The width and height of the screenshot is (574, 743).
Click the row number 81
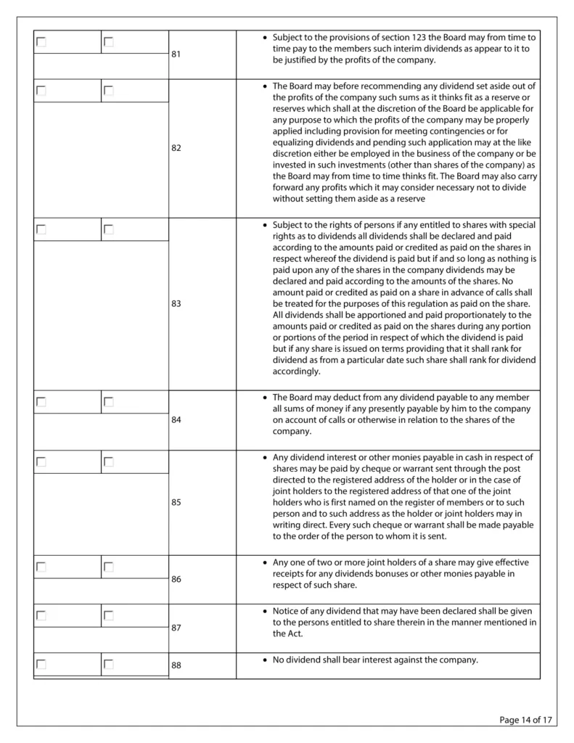point(176,54)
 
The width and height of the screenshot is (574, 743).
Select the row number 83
point(176,303)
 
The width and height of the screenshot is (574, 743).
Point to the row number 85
point(176,502)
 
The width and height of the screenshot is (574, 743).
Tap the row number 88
point(176,665)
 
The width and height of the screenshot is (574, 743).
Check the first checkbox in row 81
point(41,42)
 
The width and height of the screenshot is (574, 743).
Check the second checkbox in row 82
point(109,91)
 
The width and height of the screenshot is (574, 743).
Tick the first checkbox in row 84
point(41,401)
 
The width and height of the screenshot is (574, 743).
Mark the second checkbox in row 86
point(109,567)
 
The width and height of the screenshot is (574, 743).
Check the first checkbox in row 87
point(41,615)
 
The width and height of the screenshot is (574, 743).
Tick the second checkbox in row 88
point(109,663)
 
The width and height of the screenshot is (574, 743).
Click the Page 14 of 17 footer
point(526,720)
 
